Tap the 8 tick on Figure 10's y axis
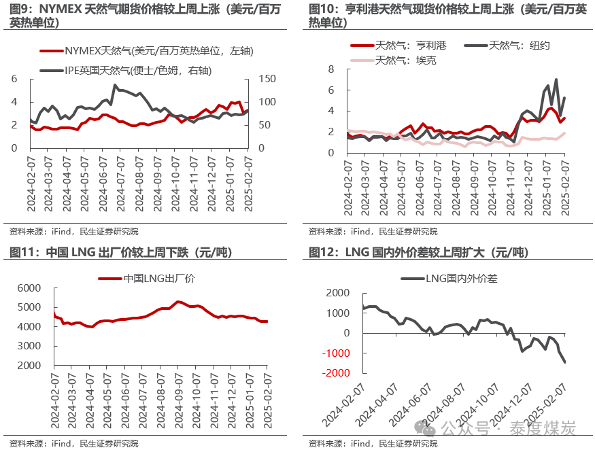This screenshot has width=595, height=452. [x=330, y=69]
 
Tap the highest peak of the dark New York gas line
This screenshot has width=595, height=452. [x=556, y=80]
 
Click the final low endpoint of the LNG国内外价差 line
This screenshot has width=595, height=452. [x=564, y=362]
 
